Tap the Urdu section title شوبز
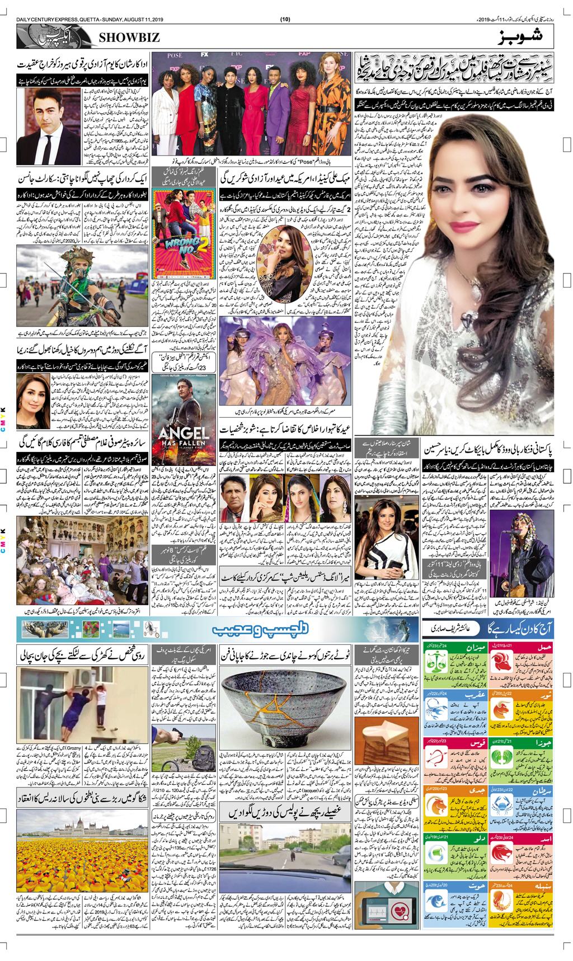pyautogui.click(x=518, y=37)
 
